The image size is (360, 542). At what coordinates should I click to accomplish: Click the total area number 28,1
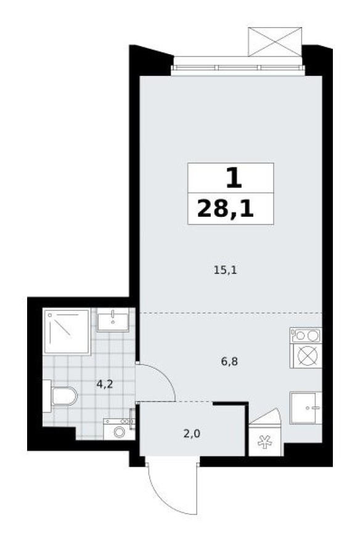point(225,209)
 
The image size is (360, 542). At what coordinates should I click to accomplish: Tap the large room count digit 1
point(232,178)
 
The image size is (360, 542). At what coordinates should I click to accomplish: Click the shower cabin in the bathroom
point(67,333)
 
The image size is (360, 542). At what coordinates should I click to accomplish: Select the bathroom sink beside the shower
point(113,320)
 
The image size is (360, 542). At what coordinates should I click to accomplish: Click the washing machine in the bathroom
point(118,429)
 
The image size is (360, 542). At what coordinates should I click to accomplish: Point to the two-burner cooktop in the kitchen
point(306,336)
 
